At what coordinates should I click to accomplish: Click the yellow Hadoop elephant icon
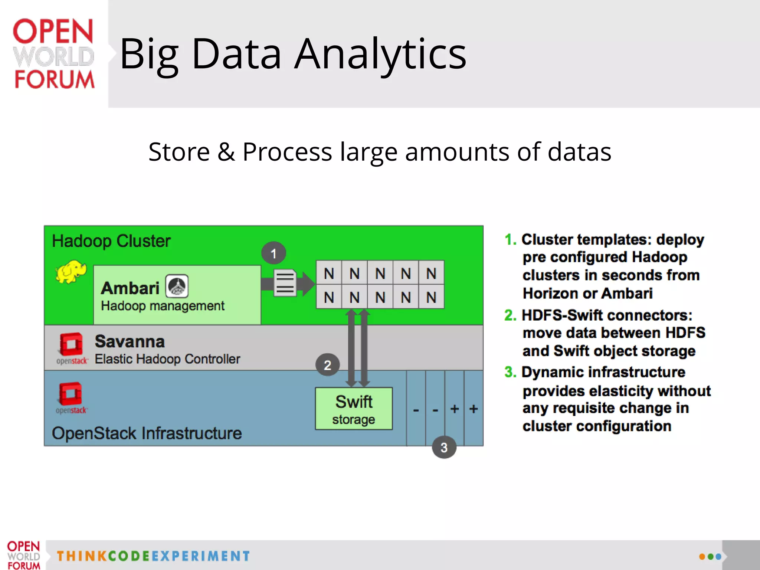click(71, 271)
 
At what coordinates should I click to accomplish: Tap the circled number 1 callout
click(273, 253)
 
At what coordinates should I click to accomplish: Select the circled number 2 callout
click(327, 365)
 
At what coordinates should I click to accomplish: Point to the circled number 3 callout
click(444, 448)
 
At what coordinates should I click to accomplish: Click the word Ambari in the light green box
click(130, 288)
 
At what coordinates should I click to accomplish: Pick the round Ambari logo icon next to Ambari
click(177, 286)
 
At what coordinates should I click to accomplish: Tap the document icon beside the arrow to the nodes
click(285, 283)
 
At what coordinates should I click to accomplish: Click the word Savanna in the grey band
click(130, 341)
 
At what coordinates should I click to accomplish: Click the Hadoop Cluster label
click(111, 241)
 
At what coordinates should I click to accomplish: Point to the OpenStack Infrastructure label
click(147, 433)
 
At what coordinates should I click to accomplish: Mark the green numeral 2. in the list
click(510, 315)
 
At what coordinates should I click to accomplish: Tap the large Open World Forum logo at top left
click(53, 54)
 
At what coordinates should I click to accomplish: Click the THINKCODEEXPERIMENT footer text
click(153, 556)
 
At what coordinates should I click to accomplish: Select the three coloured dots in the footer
click(710, 557)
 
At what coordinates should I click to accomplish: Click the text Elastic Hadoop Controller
click(167, 359)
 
